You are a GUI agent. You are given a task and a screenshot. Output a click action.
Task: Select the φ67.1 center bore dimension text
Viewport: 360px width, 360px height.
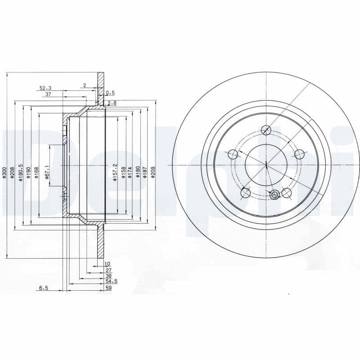tap(46, 172)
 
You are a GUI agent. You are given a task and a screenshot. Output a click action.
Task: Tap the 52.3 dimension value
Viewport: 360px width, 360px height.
tap(45, 88)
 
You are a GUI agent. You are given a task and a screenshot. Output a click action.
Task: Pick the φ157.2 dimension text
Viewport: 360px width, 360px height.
tap(115, 172)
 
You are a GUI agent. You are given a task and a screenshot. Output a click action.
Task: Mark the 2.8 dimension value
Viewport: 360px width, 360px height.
tap(112, 103)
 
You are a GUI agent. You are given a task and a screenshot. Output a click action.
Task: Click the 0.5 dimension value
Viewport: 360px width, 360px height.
tap(110, 93)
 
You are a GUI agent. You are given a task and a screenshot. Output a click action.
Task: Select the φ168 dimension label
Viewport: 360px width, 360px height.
tap(36, 173)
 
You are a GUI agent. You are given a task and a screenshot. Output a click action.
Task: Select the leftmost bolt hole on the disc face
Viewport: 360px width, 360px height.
tap(233, 155)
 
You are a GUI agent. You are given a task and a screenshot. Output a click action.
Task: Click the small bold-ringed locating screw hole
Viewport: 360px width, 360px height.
tap(275, 194)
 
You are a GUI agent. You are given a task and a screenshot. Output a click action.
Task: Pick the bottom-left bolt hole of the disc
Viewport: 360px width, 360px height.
tap(245, 193)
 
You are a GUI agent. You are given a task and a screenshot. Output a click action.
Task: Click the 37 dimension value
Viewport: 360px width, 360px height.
tap(48, 94)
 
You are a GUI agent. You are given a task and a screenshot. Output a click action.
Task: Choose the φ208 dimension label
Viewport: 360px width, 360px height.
tap(12, 173)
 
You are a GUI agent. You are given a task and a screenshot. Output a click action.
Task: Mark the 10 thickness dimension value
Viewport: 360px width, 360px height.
tap(107, 264)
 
